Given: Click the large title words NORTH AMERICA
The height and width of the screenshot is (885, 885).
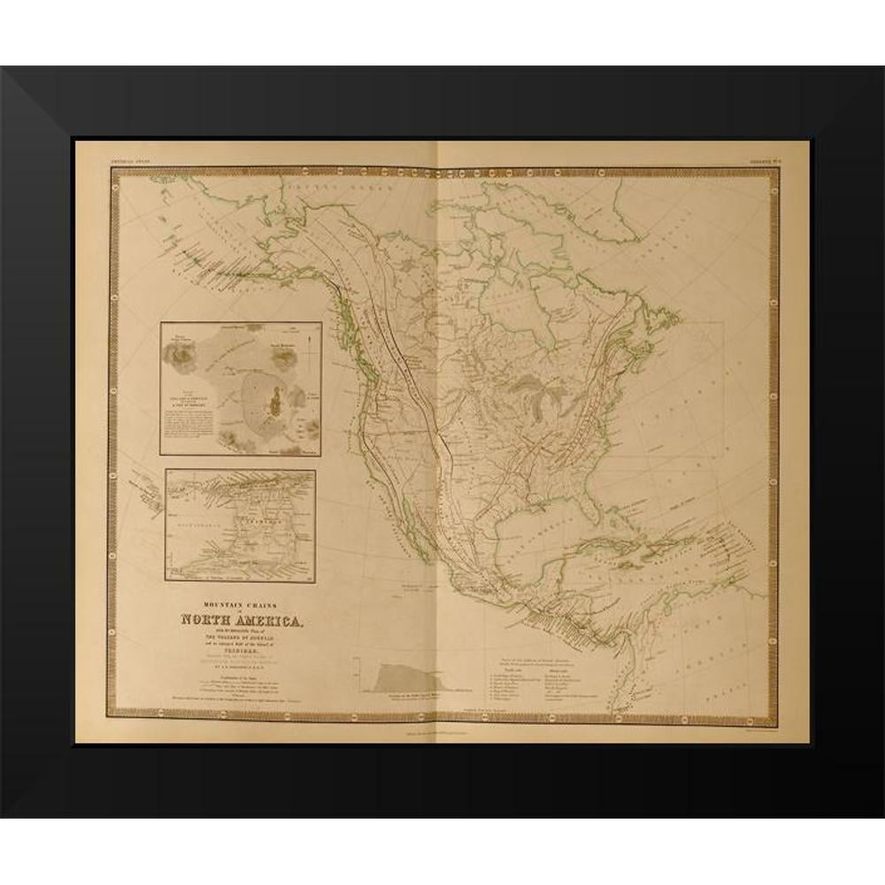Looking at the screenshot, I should (241, 619).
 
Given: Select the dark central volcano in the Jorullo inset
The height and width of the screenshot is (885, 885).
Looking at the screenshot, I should (274, 403).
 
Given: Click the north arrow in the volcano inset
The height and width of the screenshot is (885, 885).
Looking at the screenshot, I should (306, 339).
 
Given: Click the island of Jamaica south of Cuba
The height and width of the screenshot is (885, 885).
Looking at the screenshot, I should (634, 575).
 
